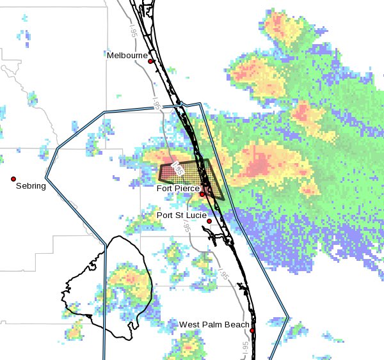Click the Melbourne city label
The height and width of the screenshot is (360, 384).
pos(127,56)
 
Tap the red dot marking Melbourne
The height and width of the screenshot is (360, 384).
pos(151,61)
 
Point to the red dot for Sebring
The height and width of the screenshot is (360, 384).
pos(13,179)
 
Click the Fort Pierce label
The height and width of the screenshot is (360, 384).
pos(178,189)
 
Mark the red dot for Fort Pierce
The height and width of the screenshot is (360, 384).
pos(202,194)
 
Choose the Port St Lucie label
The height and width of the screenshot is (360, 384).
pos(182,215)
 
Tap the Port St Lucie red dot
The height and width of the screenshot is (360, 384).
pos(209,221)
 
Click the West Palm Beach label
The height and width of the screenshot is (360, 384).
pos(214,325)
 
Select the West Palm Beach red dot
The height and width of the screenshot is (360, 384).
pos(253,331)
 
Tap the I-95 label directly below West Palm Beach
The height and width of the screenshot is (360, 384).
pos(245,347)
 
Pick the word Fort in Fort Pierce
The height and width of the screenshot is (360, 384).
pos(165,189)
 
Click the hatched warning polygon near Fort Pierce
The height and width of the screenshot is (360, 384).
pos(192,174)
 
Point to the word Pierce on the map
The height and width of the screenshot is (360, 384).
pos(187,189)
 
